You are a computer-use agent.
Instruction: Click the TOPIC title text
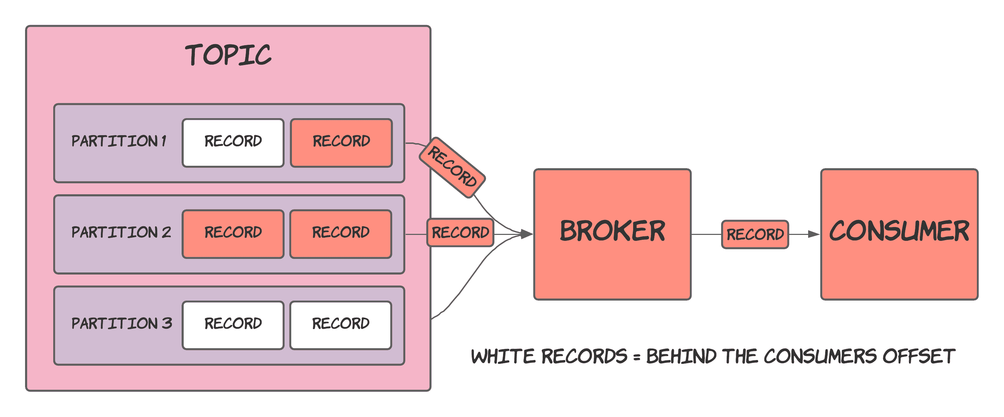[x=228, y=55]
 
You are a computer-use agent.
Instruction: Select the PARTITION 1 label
[x=119, y=141]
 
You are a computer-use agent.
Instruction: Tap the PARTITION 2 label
[x=121, y=232]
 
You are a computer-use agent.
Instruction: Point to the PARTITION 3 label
[x=122, y=324]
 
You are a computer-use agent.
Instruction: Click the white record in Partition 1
[x=233, y=142]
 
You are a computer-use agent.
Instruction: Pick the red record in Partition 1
[x=341, y=142]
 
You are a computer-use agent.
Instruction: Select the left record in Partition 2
[x=233, y=234]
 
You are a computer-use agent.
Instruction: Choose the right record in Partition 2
[x=341, y=234]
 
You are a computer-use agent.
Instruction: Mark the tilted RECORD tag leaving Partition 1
[x=452, y=167]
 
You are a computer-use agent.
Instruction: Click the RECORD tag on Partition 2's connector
[x=460, y=232]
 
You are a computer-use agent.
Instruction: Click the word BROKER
[x=612, y=231]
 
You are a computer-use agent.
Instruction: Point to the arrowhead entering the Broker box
[x=527, y=234]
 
